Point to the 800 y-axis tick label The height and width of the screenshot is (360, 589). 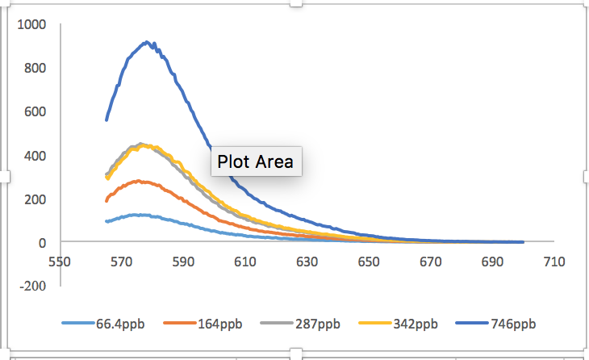(x=36, y=69)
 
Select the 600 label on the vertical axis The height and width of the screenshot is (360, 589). (x=36, y=112)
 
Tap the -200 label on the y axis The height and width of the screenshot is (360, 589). (x=33, y=286)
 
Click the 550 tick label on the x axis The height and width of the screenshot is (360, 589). (x=58, y=262)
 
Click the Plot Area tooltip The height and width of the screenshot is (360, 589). (x=256, y=161)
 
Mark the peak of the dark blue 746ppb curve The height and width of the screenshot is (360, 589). (x=146, y=42)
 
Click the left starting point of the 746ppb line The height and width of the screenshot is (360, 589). (x=107, y=120)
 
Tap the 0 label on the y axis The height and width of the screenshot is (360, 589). (x=42, y=242)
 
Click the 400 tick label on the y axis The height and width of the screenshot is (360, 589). (x=36, y=156)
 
